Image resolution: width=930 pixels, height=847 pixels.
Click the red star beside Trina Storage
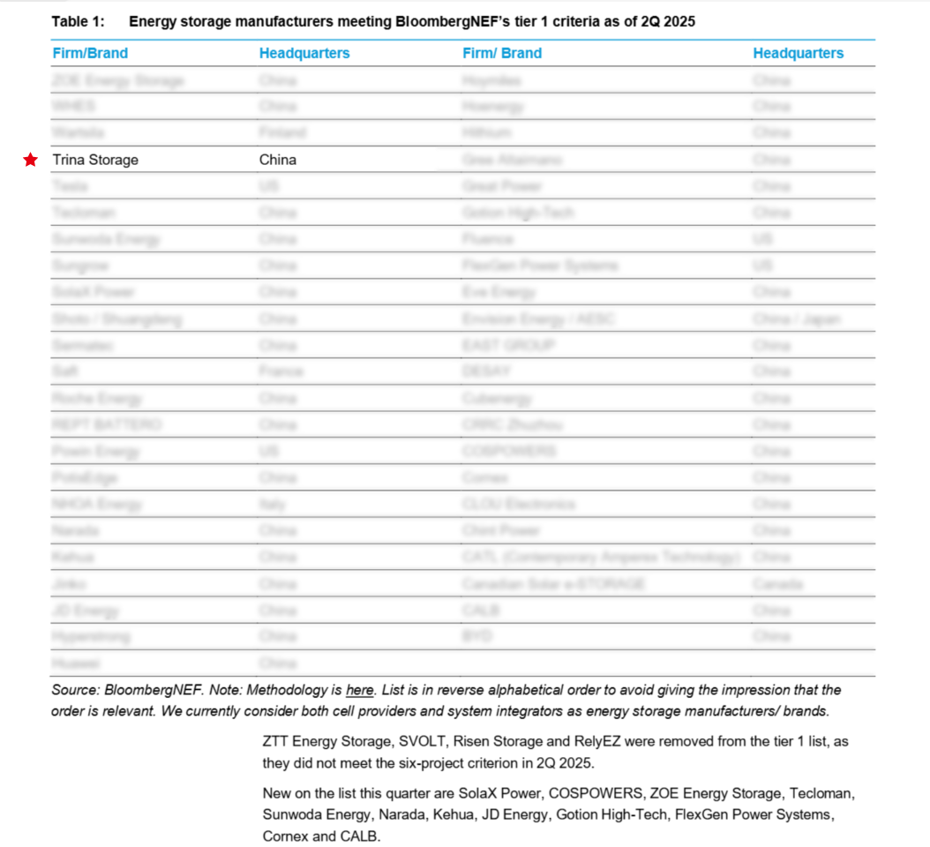pos(31,160)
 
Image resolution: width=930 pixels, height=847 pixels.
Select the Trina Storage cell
pos(95,160)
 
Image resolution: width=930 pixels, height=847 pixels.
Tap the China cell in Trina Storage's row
pos(278,160)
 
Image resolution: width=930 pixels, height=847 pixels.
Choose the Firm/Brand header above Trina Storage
pos(90,53)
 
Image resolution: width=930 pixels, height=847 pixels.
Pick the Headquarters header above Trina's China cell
pos(304,53)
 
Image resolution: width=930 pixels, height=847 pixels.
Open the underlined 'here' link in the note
pos(359,690)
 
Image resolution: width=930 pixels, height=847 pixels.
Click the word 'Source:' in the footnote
pos(75,690)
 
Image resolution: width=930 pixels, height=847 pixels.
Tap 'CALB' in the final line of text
pos(359,836)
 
